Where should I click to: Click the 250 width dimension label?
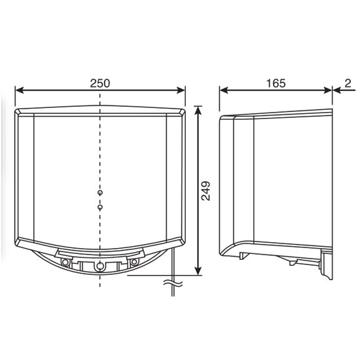pyautogui.click(x=100, y=83)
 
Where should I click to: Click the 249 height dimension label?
pyautogui.click(x=207, y=190)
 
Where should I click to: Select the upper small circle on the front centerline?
pyautogui.click(x=100, y=193)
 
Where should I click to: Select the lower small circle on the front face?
pyautogui.click(x=100, y=207)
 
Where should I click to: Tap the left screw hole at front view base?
pyautogui.click(x=66, y=262)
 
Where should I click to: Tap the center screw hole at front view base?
pyautogui.click(x=100, y=265)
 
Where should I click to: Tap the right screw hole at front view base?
pyautogui.click(x=134, y=262)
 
